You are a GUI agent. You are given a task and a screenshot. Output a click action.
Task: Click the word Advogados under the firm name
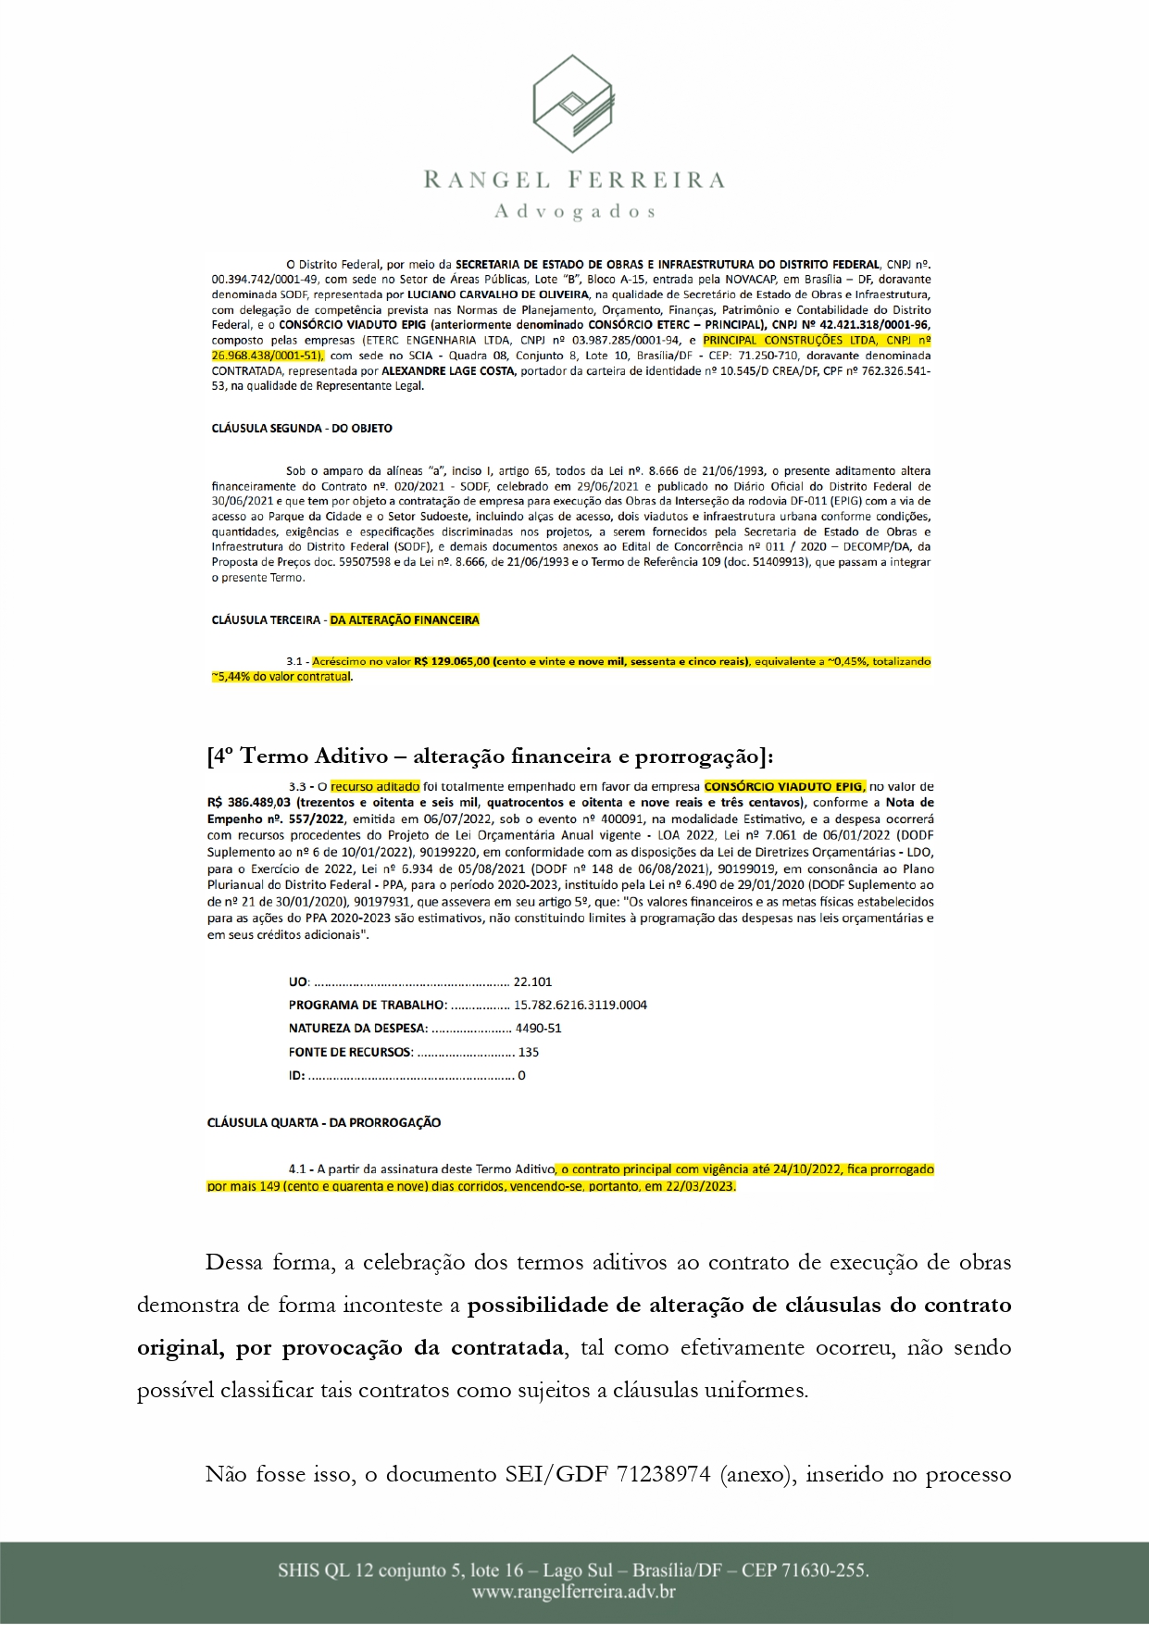point(574,212)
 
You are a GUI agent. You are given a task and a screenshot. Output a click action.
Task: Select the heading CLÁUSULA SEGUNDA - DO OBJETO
point(302,429)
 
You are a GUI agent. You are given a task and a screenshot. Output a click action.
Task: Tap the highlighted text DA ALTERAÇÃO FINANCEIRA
point(405,619)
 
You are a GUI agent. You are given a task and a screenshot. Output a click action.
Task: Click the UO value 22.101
point(532,981)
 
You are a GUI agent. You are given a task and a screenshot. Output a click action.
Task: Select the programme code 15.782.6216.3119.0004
point(581,1005)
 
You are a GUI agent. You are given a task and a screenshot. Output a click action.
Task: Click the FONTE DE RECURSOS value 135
point(529,1052)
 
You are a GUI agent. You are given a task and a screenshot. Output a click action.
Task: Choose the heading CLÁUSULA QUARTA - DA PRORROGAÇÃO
point(323,1122)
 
